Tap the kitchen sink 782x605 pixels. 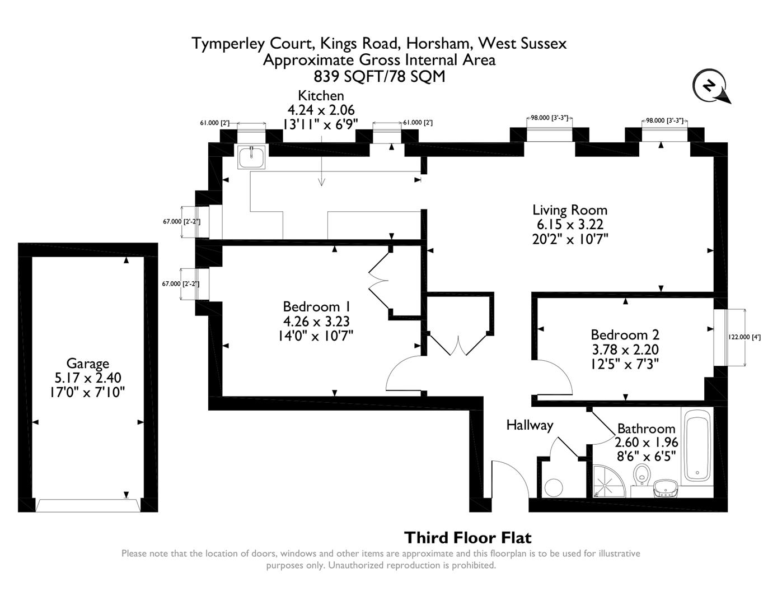tap(251, 157)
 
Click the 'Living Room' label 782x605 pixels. tap(569, 210)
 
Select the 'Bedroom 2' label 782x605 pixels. tap(625, 334)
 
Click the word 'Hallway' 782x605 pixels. tap(529, 425)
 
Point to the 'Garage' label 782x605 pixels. tap(87, 364)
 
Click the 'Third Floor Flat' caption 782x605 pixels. tap(467, 538)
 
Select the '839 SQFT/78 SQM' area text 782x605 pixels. tap(379, 76)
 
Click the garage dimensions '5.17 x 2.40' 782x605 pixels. tap(87, 378)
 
